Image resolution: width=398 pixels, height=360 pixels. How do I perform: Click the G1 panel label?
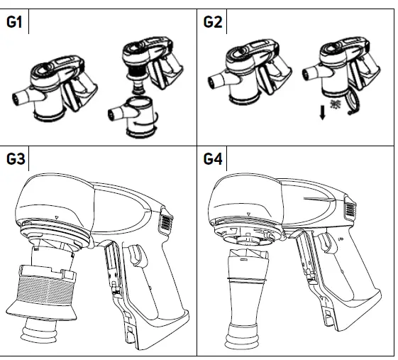[14, 22]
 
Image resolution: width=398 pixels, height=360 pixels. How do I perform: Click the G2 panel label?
[213, 22]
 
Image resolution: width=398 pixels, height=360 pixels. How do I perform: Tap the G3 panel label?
[16, 159]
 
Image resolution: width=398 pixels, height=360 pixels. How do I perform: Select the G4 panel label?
[213, 159]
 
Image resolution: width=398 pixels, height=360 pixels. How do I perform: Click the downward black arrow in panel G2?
[322, 113]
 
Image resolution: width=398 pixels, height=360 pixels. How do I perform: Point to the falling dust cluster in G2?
[336, 104]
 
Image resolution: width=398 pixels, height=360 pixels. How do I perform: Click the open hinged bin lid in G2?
[353, 103]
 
